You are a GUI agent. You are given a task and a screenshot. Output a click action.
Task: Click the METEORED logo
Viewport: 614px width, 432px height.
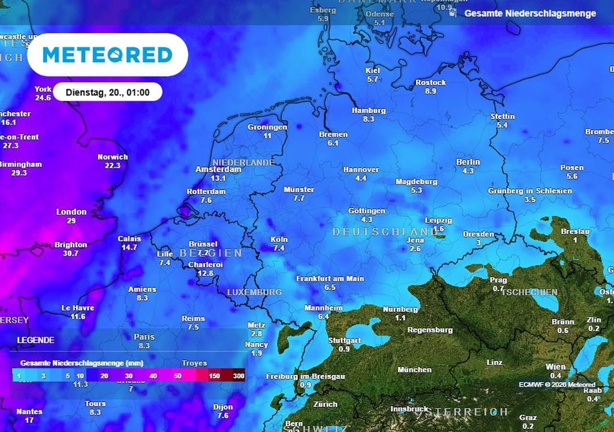coord(107,55)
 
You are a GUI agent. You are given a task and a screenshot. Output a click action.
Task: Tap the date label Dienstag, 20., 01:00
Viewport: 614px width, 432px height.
coord(107,92)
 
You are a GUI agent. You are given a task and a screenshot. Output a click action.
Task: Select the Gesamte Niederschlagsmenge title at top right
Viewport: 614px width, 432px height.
coord(530,13)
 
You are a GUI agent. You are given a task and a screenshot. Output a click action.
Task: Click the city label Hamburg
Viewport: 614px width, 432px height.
coord(369,110)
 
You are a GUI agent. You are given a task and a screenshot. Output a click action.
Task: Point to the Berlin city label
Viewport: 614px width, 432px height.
coord(468,162)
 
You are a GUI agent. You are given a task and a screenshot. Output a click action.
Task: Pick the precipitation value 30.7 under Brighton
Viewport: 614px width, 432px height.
coord(71,253)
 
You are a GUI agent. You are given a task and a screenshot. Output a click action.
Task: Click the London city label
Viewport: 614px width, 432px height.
coord(71,212)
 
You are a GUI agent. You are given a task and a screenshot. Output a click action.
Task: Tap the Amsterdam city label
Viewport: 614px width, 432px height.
coord(218,170)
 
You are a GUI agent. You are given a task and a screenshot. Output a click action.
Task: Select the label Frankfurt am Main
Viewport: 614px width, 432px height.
coord(330,279)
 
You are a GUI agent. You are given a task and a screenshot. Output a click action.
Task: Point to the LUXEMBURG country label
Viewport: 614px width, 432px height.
coord(254,292)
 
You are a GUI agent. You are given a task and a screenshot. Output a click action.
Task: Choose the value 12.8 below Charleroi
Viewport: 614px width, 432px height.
coord(206,273)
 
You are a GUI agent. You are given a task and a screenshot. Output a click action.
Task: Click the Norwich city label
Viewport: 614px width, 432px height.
coord(113,157)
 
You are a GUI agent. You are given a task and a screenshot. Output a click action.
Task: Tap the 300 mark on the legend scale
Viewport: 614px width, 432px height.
coord(239,376)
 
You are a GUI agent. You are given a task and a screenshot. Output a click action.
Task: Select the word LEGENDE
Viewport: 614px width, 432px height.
coord(35,340)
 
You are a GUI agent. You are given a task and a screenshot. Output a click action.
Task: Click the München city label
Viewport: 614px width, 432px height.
coord(414,370)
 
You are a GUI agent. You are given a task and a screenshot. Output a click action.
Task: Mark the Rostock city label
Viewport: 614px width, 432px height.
coord(431,83)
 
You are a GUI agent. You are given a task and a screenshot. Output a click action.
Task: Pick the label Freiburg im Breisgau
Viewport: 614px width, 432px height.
coord(305,376)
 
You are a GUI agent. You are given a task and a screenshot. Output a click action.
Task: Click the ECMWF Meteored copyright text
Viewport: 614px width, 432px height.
coord(557,385)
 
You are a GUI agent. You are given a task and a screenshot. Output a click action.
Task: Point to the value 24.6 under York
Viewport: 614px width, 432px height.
coord(43,98)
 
